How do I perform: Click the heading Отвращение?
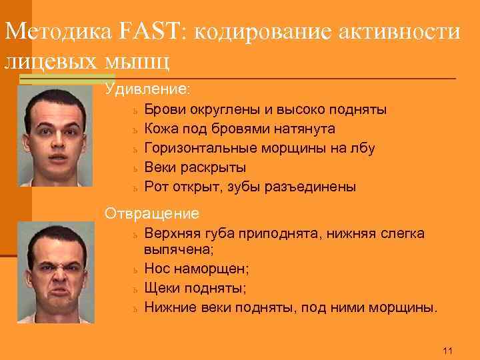coord(152,213)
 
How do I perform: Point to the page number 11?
coord(447,351)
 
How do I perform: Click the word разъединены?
coord(313,187)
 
